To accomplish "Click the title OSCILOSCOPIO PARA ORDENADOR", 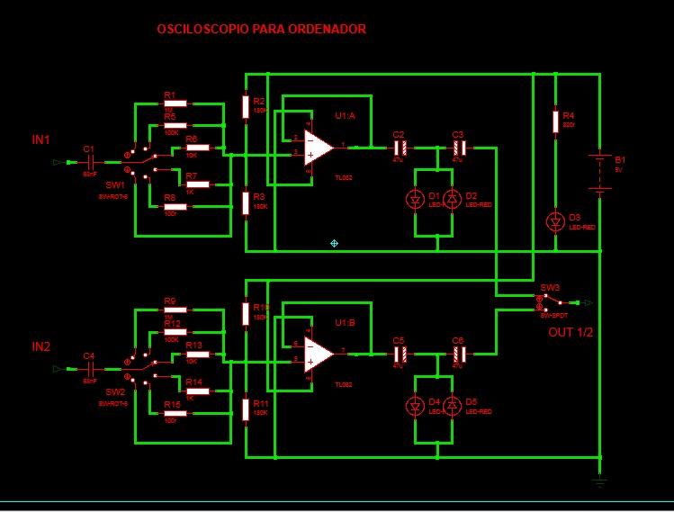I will pos(261,30).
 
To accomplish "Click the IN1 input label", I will pos(40,139).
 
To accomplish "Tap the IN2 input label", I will pos(40,346).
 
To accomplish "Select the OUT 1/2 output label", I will pos(571,332).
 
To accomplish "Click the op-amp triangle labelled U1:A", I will pos(318,146).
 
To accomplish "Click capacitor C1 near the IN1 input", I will pos(89,162).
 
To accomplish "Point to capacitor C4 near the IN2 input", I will pos(89,368).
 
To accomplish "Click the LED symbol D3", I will pos(556,220).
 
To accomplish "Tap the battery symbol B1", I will pos(599,171).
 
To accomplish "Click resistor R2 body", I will pos(246,107).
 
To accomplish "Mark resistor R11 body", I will pos(246,409).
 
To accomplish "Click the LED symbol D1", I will pos(415,199).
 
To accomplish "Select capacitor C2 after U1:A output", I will pos(401,146).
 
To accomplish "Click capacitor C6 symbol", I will pos(458,352).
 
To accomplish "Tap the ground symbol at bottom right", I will pos(599,482).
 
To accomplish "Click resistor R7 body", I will pos(199,185).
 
